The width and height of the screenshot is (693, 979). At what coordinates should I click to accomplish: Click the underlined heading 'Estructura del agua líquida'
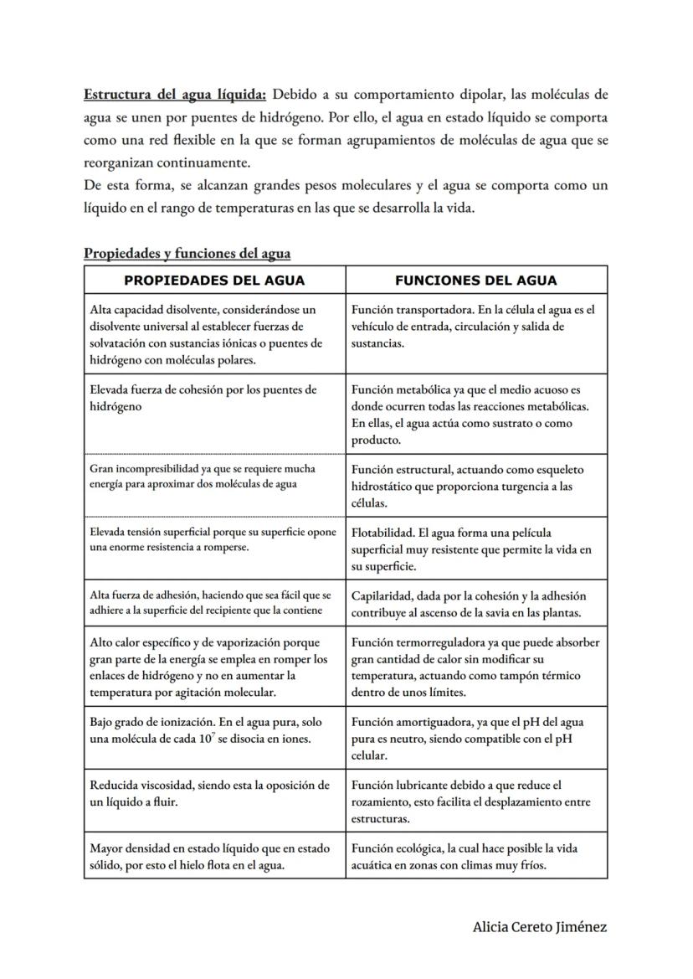click(x=174, y=93)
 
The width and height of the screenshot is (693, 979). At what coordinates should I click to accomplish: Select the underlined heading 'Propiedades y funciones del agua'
click(x=187, y=253)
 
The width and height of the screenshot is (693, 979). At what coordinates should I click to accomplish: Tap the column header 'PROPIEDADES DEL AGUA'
click(x=214, y=281)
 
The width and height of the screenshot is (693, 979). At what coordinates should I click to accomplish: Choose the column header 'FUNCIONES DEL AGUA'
click(x=475, y=281)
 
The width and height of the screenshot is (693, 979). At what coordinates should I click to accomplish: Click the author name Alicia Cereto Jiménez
click(x=540, y=927)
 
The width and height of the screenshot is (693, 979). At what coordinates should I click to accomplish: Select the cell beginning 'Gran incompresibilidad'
click(x=214, y=477)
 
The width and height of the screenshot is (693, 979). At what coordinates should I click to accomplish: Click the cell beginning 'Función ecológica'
click(x=475, y=857)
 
